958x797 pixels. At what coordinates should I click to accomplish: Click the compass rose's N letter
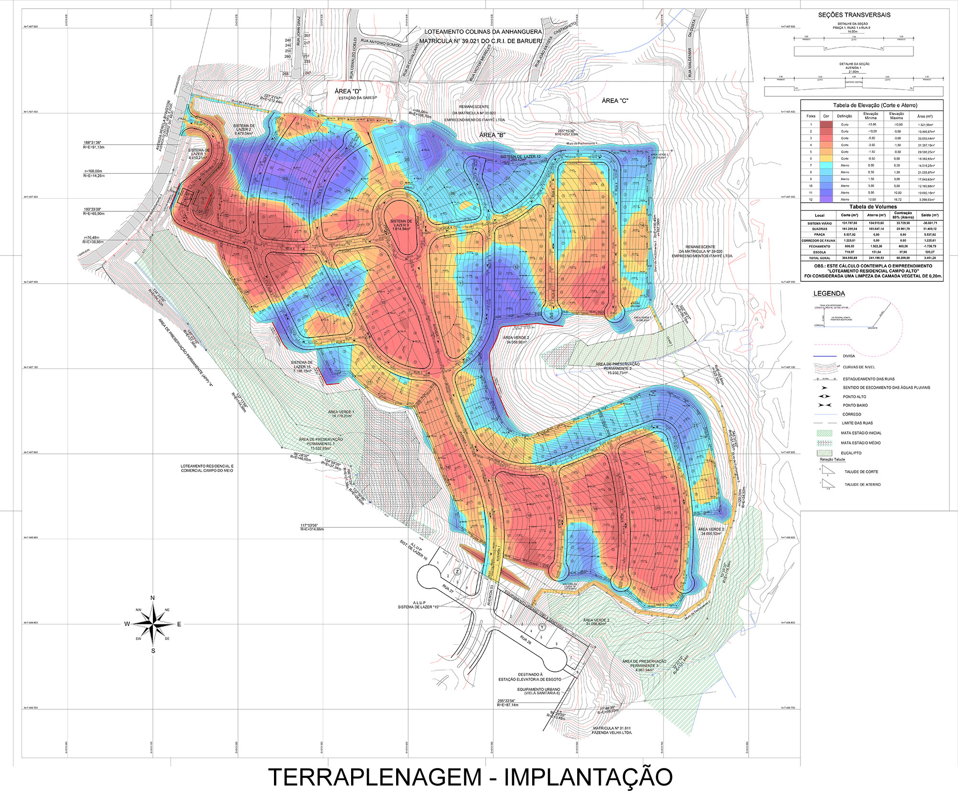click(x=152, y=598)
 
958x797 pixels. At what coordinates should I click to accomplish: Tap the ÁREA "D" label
click(x=348, y=92)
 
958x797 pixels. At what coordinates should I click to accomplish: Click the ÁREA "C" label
click(x=615, y=101)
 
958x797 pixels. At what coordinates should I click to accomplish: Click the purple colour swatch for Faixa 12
click(x=826, y=199)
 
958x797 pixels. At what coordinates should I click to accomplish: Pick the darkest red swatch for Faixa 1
click(x=826, y=125)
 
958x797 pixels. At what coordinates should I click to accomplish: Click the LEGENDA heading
click(x=829, y=294)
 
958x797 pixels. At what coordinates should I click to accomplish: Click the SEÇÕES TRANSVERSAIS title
click(x=854, y=15)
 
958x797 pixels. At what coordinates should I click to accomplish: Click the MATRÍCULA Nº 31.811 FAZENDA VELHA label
click(x=612, y=730)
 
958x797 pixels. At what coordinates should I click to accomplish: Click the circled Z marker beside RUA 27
click(x=457, y=571)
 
